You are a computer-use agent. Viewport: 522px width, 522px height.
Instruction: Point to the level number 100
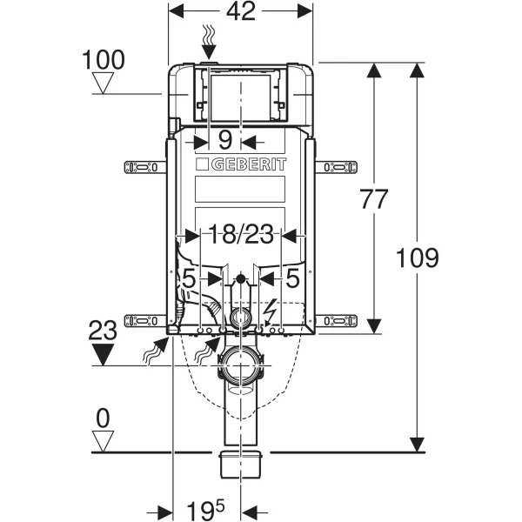coord(104,60)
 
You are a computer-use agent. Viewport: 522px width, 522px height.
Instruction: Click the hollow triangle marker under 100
coord(104,84)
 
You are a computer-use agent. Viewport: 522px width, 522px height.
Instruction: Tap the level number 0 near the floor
coord(104,418)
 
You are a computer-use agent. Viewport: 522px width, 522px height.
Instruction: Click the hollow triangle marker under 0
coord(104,441)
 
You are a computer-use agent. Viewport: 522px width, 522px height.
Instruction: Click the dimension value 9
coord(225,139)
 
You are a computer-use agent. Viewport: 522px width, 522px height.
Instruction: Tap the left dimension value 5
coord(187,279)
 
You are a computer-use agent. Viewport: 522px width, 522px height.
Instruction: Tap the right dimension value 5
coord(292,279)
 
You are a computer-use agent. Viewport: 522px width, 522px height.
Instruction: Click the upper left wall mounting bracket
coord(144,165)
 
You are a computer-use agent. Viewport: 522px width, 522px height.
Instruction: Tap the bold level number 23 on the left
coord(104,331)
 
